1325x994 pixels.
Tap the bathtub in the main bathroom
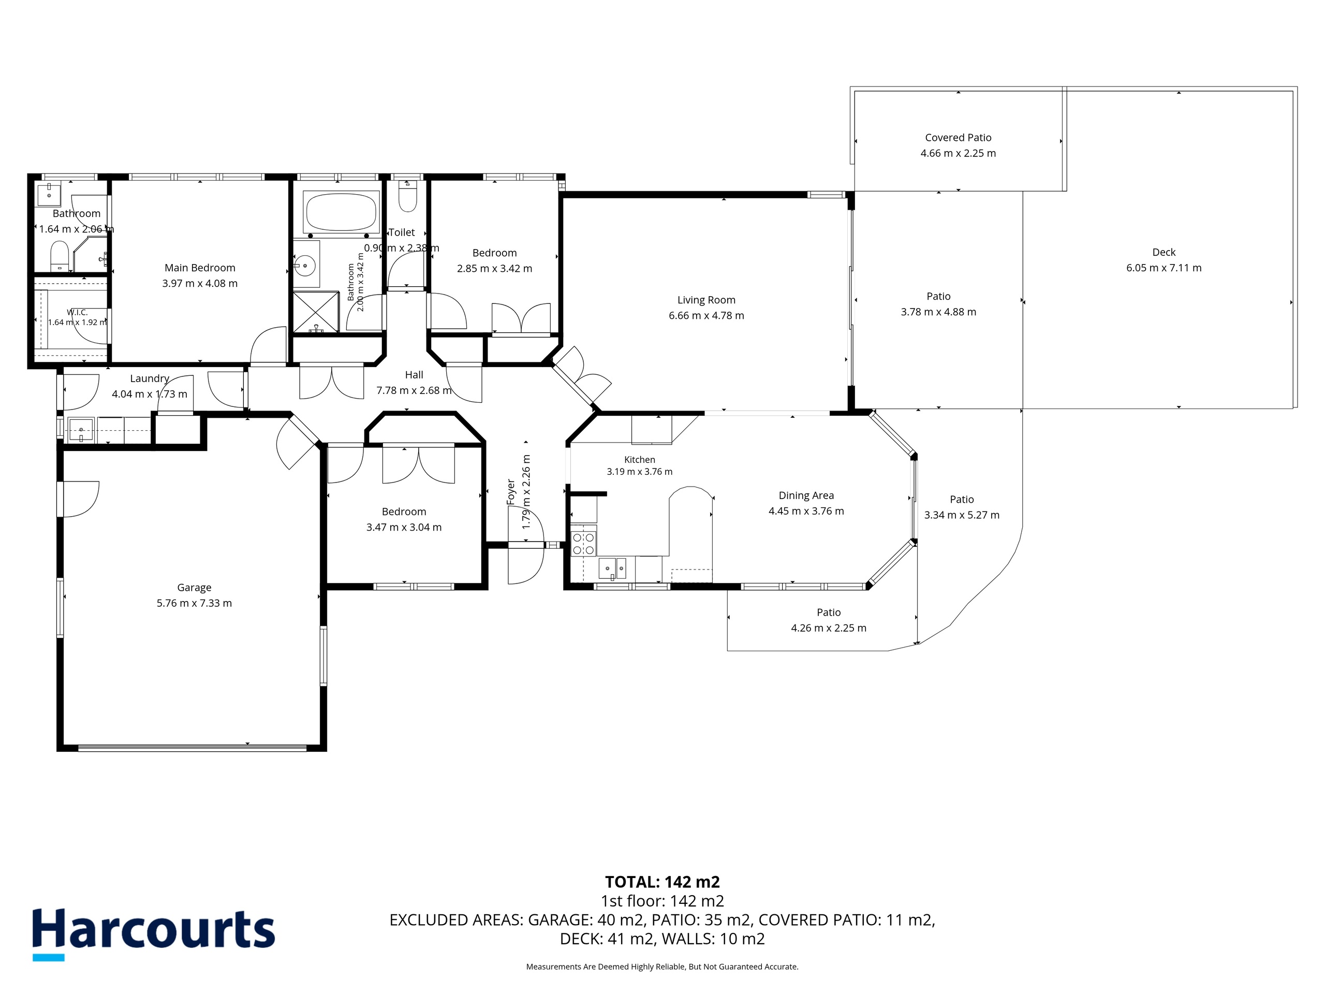342,212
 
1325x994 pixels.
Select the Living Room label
706,300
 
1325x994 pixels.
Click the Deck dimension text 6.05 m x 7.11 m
1164,268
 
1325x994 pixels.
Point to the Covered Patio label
959,138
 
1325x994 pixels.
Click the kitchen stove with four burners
583,540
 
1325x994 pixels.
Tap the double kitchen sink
613,567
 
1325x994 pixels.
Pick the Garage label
194,588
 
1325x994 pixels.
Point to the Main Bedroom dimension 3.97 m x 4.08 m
200,283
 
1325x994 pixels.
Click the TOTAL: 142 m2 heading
662,882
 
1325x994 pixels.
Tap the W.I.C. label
77,312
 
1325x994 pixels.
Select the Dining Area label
806,495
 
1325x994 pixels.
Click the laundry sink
81,430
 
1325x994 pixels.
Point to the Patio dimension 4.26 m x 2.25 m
829,628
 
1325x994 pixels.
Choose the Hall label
414,375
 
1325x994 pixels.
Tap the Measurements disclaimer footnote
662,967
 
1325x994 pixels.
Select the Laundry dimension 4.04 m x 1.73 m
149,394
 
